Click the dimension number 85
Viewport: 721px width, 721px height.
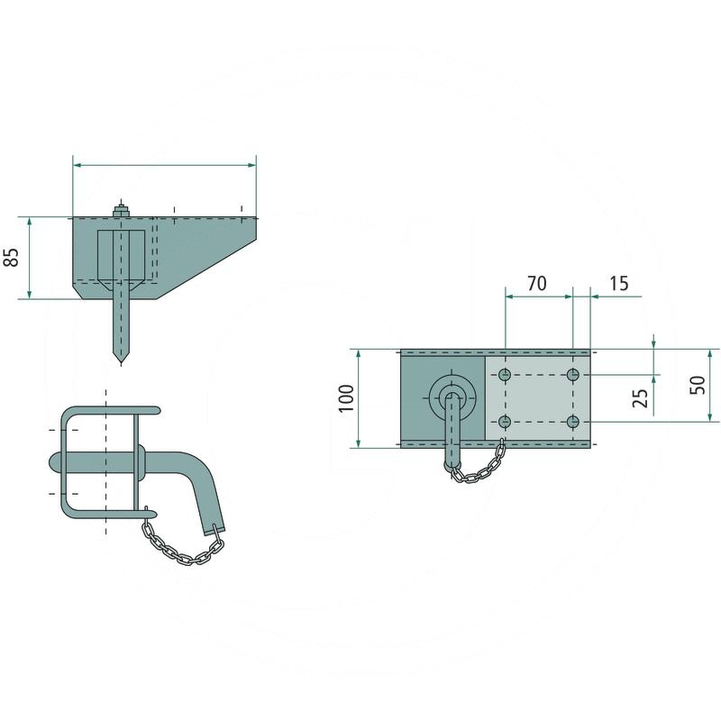(x=12, y=257)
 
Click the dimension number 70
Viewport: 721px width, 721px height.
(x=536, y=283)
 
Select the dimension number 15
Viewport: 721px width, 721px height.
(x=618, y=283)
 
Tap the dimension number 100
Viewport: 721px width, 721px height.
(x=345, y=397)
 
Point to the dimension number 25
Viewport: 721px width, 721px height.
(x=641, y=397)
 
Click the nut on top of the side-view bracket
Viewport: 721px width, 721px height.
(x=120, y=212)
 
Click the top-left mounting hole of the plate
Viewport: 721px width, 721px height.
(x=506, y=374)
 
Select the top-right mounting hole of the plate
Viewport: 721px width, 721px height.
(x=572, y=374)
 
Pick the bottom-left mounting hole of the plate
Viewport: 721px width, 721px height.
(x=506, y=422)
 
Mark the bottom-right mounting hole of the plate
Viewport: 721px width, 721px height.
(x=572, y=422)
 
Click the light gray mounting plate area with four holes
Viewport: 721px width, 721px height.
(x=538, y=398)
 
